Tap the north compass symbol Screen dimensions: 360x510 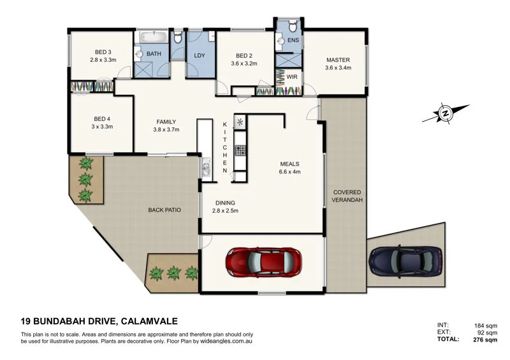[446, 114]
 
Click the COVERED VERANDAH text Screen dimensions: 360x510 [346, 196]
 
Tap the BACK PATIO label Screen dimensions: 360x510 [166, 210]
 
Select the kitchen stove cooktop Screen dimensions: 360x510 [241, 151]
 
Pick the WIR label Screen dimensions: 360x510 [291, 76]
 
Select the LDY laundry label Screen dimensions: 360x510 [199, 55]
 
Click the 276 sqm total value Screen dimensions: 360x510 [486, 340]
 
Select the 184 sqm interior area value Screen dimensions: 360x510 [486, 325]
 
